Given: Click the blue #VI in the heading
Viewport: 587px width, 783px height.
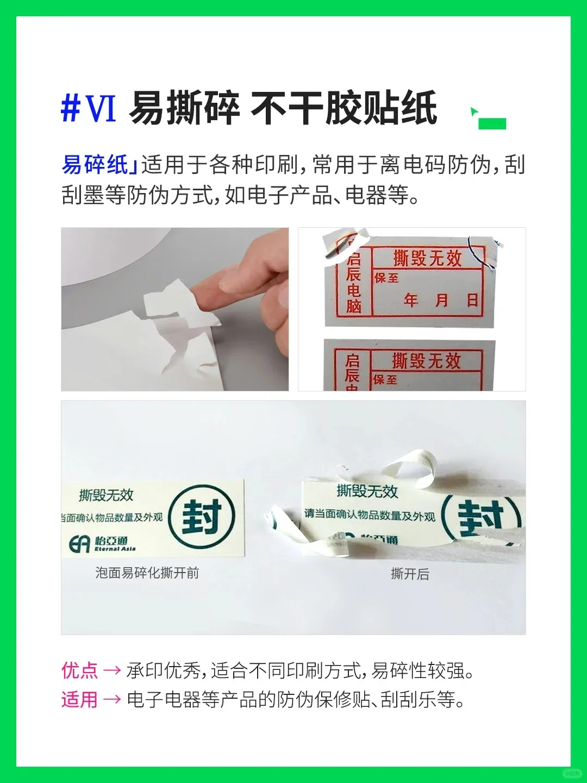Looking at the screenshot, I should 89,108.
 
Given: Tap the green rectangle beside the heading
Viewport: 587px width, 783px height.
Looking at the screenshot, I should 492,123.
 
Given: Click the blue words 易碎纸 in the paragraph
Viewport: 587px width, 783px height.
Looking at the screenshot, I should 95,164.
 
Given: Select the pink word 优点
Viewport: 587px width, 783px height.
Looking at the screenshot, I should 79,670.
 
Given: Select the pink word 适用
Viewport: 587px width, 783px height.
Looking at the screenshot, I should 79,699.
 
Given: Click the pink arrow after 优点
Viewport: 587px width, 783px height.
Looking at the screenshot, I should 112,670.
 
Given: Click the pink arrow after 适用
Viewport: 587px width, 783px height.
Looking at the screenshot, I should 112,700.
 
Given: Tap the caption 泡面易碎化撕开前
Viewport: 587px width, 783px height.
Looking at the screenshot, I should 147,573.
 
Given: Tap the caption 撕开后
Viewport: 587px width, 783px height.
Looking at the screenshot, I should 410,574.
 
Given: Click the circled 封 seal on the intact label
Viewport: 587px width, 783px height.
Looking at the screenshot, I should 202,516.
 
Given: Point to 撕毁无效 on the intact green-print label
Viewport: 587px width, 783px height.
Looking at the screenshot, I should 107,495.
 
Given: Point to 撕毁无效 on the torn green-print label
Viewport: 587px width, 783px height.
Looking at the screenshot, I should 367,492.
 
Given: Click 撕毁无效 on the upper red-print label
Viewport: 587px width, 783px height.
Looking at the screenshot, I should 427,258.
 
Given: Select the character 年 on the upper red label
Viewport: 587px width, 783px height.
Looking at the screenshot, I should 411,300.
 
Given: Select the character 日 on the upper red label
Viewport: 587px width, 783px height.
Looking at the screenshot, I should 473,300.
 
